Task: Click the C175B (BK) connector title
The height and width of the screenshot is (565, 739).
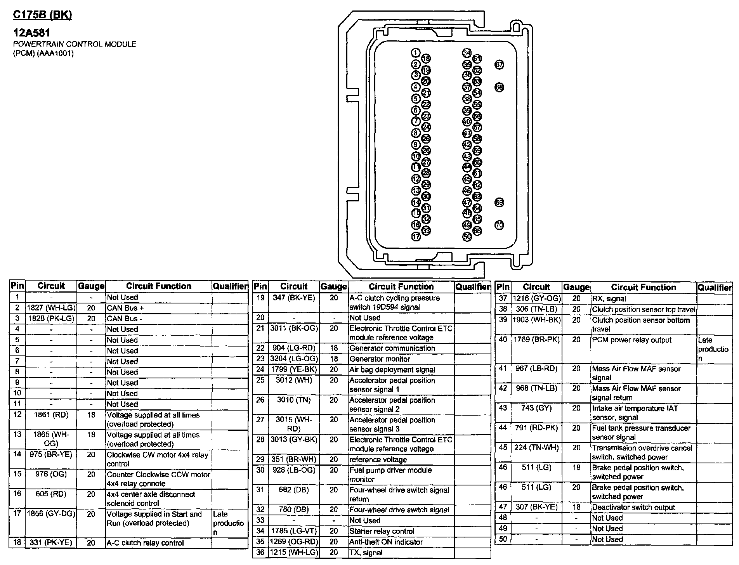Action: click(x=43, y=15)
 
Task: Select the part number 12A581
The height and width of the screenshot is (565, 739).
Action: click(x=32, y=33)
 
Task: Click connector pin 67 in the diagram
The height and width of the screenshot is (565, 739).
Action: click(x=499, y=65)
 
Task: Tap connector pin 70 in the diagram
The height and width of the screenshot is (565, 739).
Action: click(x=499, y=225)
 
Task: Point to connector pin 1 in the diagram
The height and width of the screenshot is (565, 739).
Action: click(x=416, y=53)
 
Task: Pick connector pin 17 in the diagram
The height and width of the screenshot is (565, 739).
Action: click(x=416, y=236)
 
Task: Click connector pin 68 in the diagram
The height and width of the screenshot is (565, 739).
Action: click(x=499, y=87)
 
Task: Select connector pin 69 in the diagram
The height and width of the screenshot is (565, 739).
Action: click(x=499, y=203)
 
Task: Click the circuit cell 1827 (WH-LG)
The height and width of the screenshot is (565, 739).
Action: click(x=51, y=308)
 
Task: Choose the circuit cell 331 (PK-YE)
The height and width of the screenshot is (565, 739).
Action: click(x=51, y=542)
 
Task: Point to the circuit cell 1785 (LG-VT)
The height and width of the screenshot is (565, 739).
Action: click(x=294, y=531)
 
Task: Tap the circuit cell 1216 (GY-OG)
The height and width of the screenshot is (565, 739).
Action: click(x=537, y=298)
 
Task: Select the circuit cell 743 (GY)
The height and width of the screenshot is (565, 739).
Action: click(x=537, y=408)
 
